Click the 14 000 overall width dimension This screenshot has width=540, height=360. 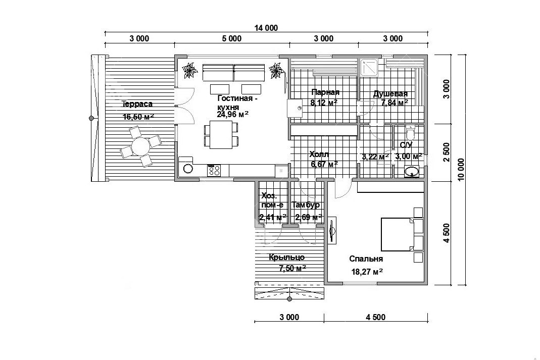pos(266,28)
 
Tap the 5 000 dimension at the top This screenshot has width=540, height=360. pos(231,38)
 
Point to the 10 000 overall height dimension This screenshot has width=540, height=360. pos(462,169)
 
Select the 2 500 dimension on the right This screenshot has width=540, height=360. pos(447,152)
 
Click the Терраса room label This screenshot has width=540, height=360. pos(137,104)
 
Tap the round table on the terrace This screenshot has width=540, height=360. pos(140,146)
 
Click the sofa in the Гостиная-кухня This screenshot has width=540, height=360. pos(234,73)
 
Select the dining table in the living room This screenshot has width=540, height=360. pos(221,136)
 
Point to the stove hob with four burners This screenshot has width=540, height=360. pos(214,170)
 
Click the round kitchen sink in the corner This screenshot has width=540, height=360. pos(188,169)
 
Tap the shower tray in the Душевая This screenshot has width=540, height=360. pos(369,67)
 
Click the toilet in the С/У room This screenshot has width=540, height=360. pos(410,132)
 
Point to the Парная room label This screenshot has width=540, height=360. pos(325,92)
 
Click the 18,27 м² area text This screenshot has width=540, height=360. pos(367,272)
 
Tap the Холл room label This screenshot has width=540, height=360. pos(319,154)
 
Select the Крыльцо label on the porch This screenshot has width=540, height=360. pos(286,258)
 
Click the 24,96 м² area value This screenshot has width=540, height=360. pos(233,114)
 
